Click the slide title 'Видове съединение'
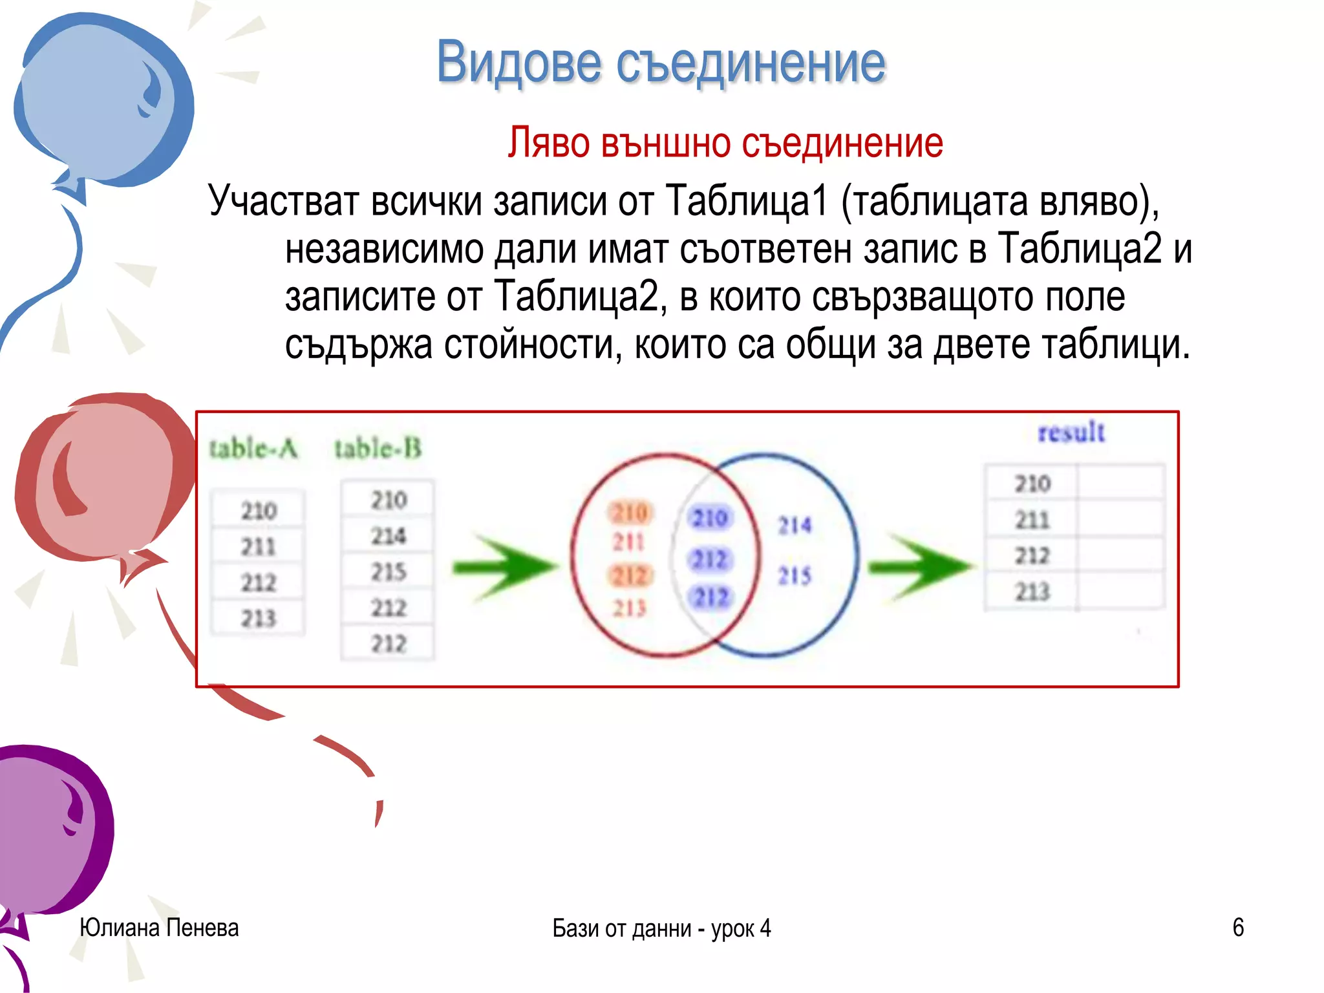pyautogui.click(x=661, y=63)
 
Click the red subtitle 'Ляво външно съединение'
pyautogui.click(x=725, y=143)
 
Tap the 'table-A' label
pyautogui.click(x=253, y=448)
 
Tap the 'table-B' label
pyautogui.click(x=378, y=448)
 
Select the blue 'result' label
pyautogui.click(x=1071, y=432)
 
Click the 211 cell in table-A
pyautogui.click(x=258, y=547)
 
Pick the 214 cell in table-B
pyautogui.click(x=388, y=535)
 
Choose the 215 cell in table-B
pyautogui.click(x=388, y=571)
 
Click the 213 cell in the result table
pyautogui.click(x=1032, y=592)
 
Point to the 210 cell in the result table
pyautogui.click(x=1032, y=484)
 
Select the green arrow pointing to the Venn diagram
pyautogui.click(x=504, y=567)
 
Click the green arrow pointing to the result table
pyautogui.click(x=919, y=567)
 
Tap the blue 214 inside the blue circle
pyautogui.click(x=794, y=525)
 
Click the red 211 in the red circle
pyautogui.click(x=628, y=542)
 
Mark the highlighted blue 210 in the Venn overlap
pyautogui.click(x=709, y=518)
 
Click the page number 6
pyautogui.click(x=1237, y=928)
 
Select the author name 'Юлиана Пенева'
pyautogui.click(x=159, y=928)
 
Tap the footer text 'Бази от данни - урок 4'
pyautogui.click(x=661, y=928)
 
